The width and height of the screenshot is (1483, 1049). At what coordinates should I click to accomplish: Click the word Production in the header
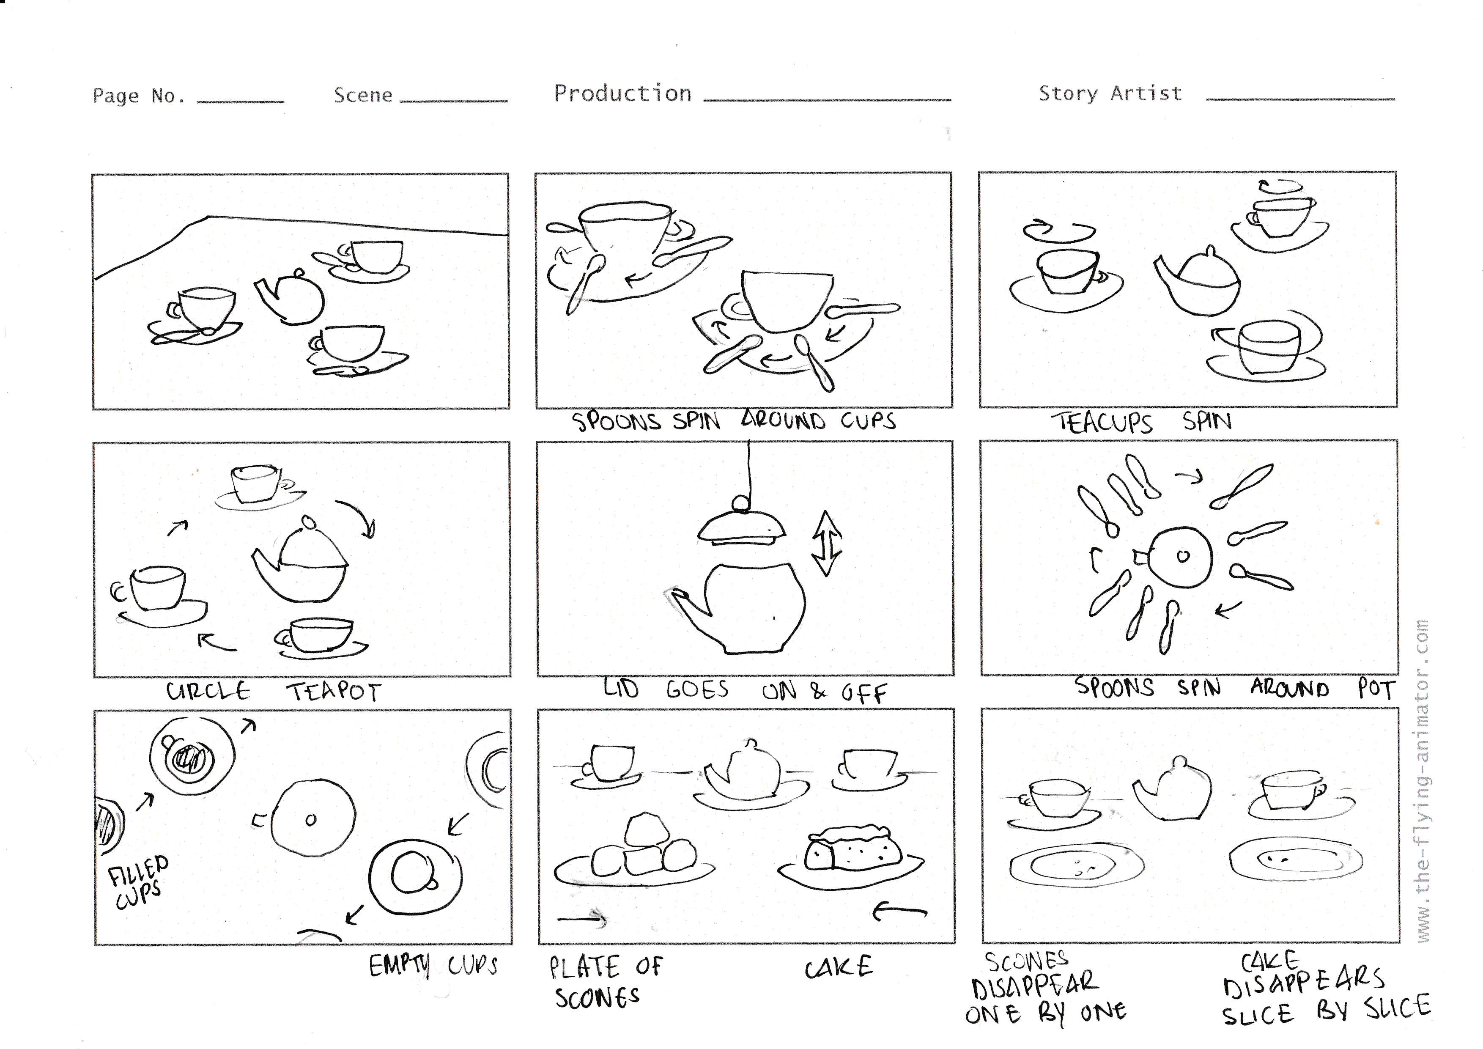pos(622,93)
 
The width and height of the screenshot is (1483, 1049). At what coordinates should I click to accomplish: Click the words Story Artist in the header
pos(1110,93)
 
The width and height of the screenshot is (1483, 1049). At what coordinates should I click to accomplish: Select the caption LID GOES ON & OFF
pos(745,691)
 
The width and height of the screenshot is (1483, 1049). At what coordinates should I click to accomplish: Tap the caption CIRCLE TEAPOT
pos(274,692)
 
